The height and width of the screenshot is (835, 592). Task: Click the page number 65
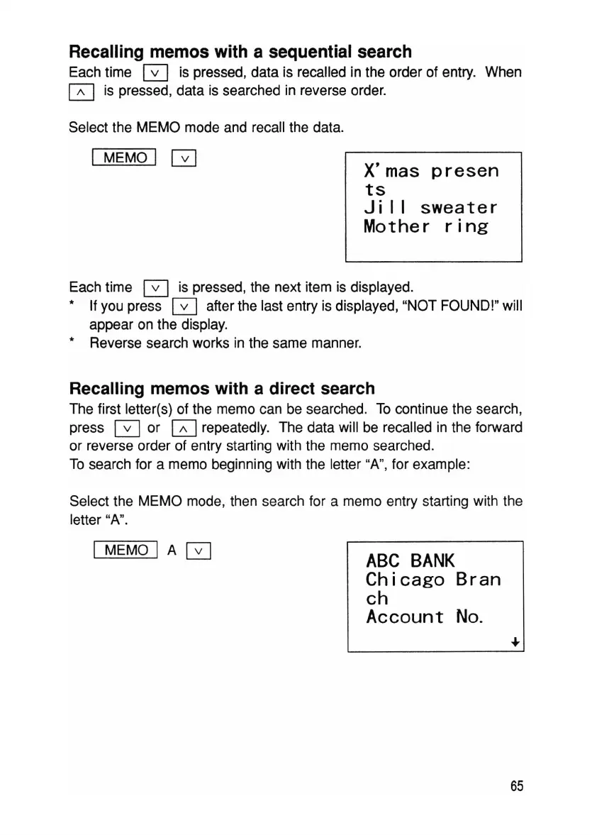click(515, 787)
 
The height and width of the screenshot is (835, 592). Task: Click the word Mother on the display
click(396, 227)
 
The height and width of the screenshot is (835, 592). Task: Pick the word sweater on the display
click(459, 209)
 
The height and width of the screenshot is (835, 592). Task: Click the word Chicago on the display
click(406, 580)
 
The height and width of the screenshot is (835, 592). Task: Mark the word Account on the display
click(405, 617)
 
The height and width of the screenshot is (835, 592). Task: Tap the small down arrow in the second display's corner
click(515, 642)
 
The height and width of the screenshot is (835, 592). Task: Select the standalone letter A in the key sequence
click(170, 550)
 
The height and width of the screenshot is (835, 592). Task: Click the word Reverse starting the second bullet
click(116, 344)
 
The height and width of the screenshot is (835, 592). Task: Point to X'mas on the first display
click(391, 171)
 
